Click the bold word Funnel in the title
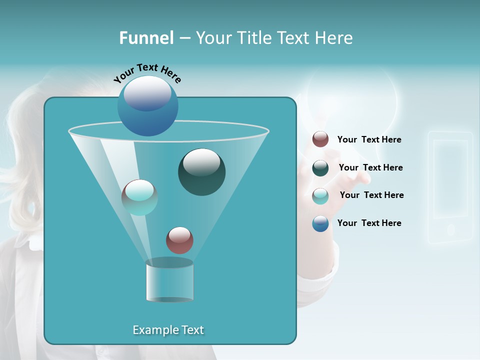[146, 38]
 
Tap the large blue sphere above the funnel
[148, 105]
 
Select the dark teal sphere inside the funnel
[201, 172]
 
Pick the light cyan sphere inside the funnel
[139, 197]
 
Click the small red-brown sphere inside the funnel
[179, 240]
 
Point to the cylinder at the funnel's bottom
[169, 280]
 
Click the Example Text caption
[168, 330]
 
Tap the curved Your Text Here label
[147, 72]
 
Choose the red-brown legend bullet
[320, 139]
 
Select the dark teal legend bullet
[320, 168]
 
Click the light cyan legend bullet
[320, 195]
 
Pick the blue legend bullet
[320, 223]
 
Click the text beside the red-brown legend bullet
[369, 140]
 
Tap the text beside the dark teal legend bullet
[370, 168]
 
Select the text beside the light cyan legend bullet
[371, 195]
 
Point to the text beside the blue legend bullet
[369, 223]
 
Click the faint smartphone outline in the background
[450, 187]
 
